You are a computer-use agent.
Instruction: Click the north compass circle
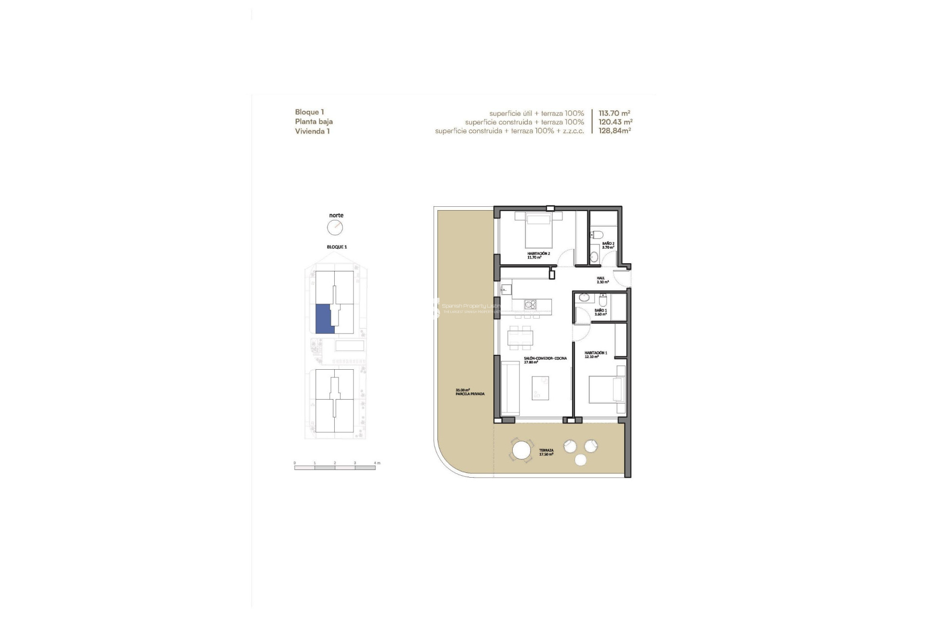pyautogui.click(x=335, y=228)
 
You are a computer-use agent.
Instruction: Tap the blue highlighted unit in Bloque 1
pyautogui.click(x=323, y=319)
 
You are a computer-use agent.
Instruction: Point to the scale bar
pyautogui.click(x=335, y=467)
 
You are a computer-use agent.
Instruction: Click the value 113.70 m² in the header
pyautogui.click(x=614, y=113)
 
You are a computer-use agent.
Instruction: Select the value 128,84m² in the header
pyautogui.click(x=614, y=131)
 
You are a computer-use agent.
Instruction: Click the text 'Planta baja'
pyautogui.click(x=313, y=121)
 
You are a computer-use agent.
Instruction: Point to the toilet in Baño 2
pyautogui.click(x=597, y=235)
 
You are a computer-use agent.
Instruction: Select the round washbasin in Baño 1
pyautogui.click(x=584, y=297)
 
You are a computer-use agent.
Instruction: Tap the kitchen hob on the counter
pyautogui.click(x=531, y=304)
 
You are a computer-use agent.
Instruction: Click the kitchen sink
pyautogui.click(x=506, y=289)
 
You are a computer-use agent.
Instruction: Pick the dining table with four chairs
pyautogui.click(x=521, y=337)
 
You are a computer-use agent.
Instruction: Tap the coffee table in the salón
pyautogui.click(x=540, y=388)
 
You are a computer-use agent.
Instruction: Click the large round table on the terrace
pyautogui.click(x=521, y=451)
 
